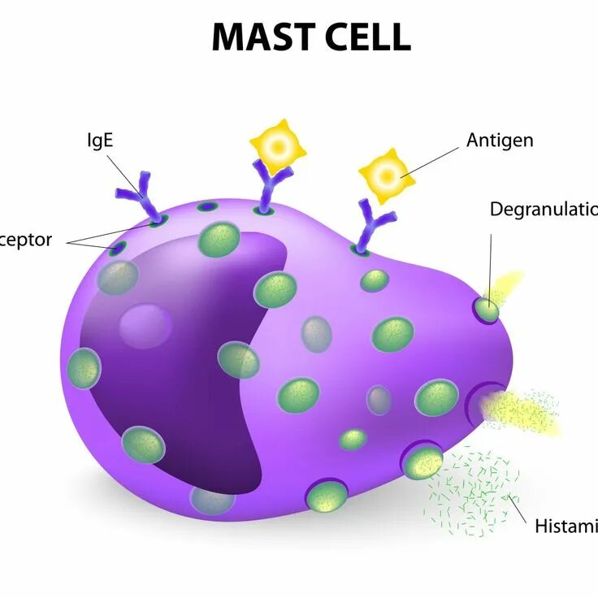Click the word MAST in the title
click(x=259, y=37)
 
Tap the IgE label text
click(x=100, y=140)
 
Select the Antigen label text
click(x=500, y=140)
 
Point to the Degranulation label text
click(x=543, y=210)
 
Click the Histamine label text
click(x=565, y=526)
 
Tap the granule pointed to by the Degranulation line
click(x=487, y=310)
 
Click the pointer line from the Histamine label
click(x=518, y=508)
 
